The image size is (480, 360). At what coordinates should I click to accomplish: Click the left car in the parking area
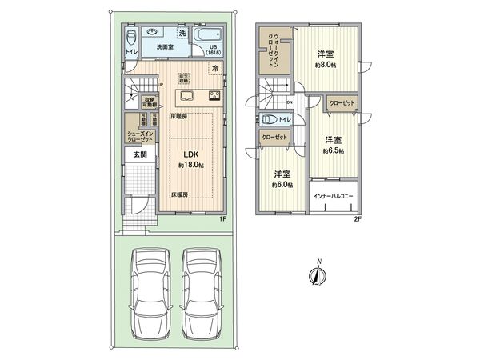coord(150,294)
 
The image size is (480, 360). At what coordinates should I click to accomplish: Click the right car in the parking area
coord(202,294)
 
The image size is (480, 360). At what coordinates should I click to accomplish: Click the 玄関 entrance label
coord(140,154)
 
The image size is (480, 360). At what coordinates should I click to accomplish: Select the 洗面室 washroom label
coord(166,47)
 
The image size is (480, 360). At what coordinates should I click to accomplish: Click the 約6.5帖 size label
coord(334,150)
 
